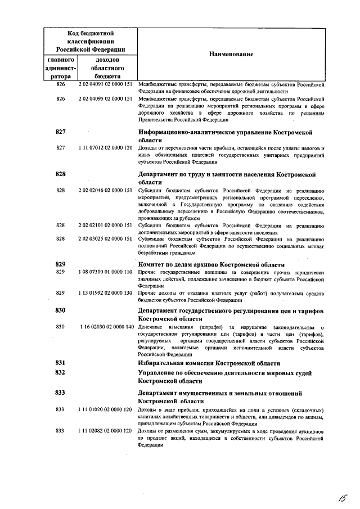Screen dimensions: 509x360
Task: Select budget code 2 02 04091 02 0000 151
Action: (x=106, y=84)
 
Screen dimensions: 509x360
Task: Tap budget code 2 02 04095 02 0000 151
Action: (x=106, y=98)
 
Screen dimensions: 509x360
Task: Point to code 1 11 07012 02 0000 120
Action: (x=106, y=148)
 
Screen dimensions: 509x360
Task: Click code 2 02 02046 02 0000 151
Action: (x=106, y=191)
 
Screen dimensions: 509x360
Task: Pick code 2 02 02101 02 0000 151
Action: (x=106, y=226)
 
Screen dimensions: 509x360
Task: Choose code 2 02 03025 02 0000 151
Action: (x=106, y=239)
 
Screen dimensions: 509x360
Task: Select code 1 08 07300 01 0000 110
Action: (x=106, y=272)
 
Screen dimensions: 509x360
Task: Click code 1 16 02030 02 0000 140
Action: (x=106, y=327)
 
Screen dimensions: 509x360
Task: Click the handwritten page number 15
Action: (x=341, y=497)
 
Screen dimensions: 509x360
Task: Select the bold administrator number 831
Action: (x=61, y=363)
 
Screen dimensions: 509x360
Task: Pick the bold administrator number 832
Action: (x=61, y=373)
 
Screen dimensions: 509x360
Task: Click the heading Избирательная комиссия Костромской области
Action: (x=209, y=363)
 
